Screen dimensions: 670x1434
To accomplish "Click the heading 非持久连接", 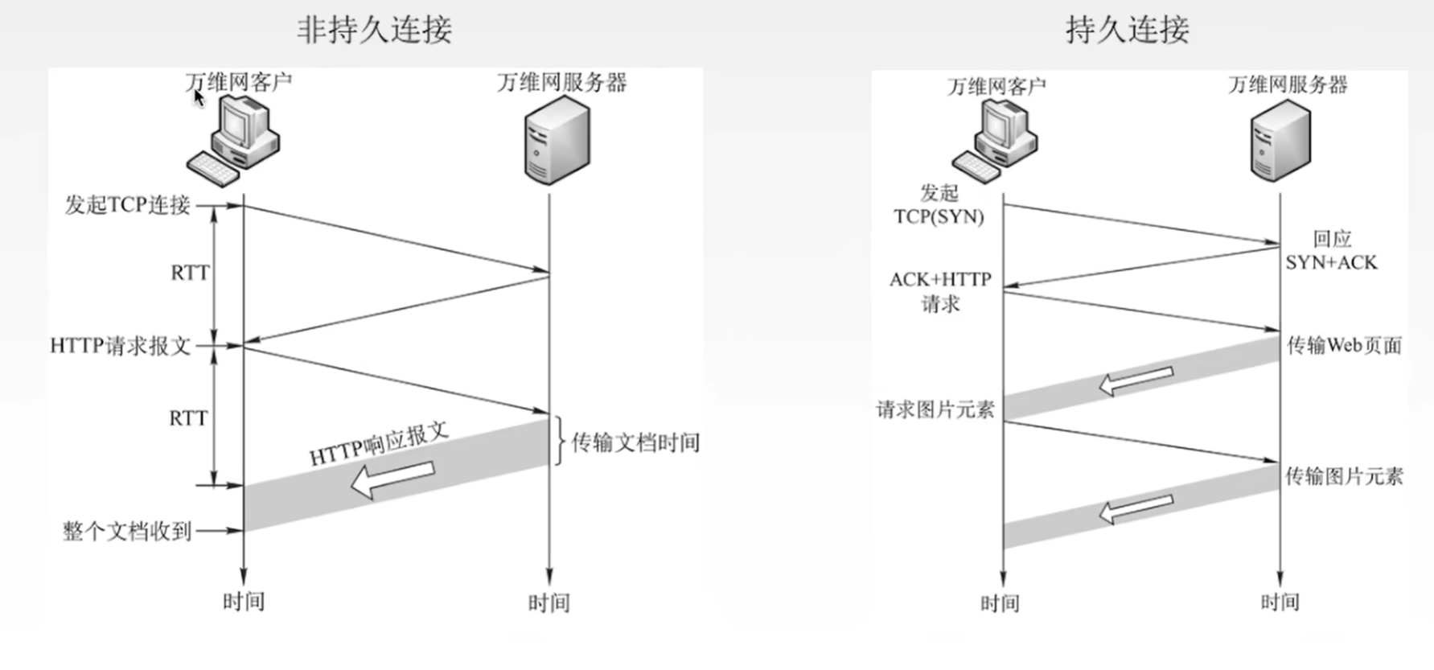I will [x=374, y=30].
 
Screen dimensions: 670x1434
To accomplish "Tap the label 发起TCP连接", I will [x=127, y=205].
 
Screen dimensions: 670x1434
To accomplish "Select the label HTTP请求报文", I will [x=121, y=346].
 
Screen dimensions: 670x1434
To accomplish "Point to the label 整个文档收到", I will [x=127, y=531].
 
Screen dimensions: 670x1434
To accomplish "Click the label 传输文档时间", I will [x=635, y=442].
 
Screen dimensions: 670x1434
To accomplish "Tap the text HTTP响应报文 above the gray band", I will [x=379, y=444].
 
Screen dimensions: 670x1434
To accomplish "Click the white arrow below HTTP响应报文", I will [x=392, y=479].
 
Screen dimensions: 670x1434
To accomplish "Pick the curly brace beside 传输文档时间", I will [x=560, y=441].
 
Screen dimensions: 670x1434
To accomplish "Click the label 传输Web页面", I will [x=1344, y=345].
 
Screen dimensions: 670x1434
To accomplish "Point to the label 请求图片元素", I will [x=935, y=409].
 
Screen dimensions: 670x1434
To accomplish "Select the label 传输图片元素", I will [x=1344, y=476].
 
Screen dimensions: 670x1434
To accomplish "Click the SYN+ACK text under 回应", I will [x=1331, y=262].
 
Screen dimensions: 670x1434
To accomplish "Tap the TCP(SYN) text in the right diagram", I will [x=939, y=216].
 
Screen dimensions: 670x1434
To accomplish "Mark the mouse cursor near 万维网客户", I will [x=199, y=97].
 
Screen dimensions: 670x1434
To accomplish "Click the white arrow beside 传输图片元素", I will [x=1136, y=508].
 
